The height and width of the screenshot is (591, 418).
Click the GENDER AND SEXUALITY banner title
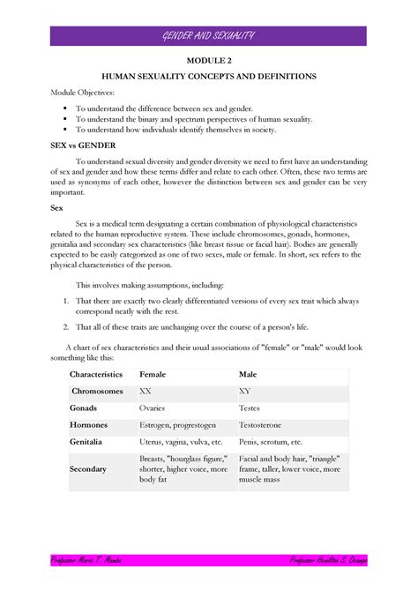[208, 35]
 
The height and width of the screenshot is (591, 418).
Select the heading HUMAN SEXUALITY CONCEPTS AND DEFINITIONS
[208, 78]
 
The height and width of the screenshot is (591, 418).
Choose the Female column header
[157, 375]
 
